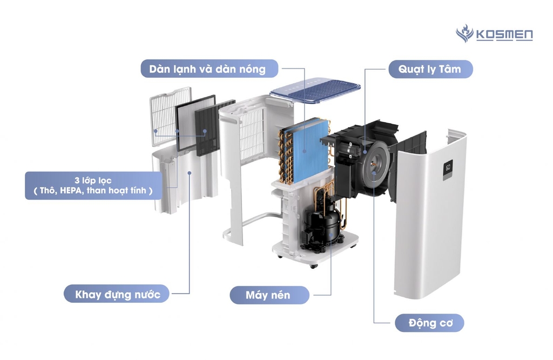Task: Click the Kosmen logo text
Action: pos(504,35)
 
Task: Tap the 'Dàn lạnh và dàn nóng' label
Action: pos(210,69)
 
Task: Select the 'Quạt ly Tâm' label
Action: pos(430,69)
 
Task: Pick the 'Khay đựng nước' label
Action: pos(116,294)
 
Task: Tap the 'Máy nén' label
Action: pos(269,295)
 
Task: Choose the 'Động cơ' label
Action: pos(429,323)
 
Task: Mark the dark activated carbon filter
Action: pos(208,130)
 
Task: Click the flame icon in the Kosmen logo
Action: pos(464,33)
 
